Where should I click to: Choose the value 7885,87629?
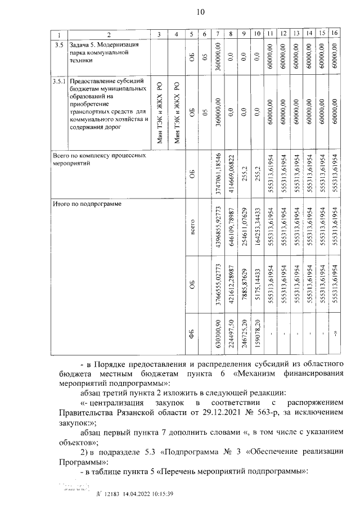coord(244,286)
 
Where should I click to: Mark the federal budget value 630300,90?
coord(217,336)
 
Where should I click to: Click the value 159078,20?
coord(256,336)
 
